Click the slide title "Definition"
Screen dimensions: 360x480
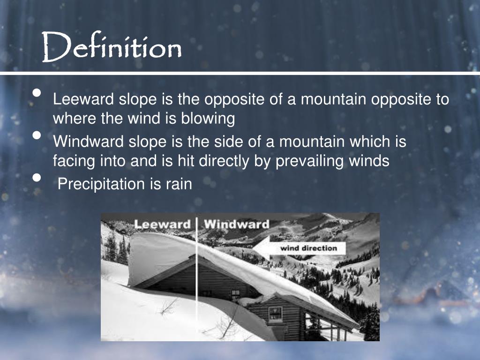(112, 47)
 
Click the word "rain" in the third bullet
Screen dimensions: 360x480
(179, 184)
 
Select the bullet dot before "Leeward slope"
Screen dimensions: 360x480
(37, 93)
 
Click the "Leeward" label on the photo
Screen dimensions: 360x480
(162, 224)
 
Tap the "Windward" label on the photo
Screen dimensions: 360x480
(236, 224)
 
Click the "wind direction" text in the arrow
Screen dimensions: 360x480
(308, 247)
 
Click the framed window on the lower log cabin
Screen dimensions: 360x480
(275, 313)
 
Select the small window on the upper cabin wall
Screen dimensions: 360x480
(236, 294)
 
